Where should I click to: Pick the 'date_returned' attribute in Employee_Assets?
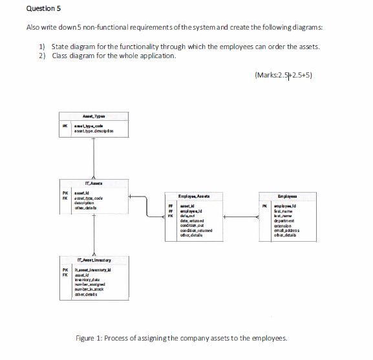click(x=190, y=220)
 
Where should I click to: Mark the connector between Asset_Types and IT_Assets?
click(x=94, y=158)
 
